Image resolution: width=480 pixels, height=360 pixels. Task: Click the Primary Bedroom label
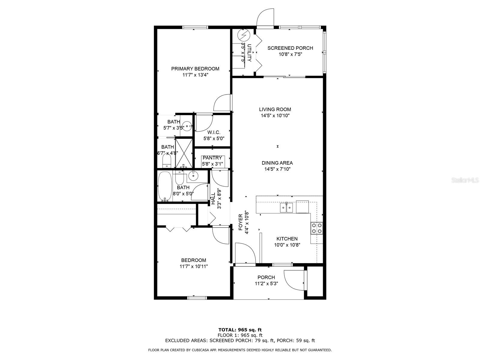(195, 69)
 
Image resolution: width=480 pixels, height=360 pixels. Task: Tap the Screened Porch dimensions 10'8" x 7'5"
(290, 54)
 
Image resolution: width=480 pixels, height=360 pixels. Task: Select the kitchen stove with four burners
(316, 228)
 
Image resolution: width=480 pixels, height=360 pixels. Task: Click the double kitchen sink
(286, 207)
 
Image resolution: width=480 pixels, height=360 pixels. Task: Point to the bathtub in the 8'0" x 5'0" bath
(165, 186)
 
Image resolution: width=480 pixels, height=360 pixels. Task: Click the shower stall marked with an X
(184, 152)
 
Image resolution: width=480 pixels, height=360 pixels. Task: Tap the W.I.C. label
(214, 132)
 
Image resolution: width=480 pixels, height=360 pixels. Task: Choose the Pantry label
(212, 158)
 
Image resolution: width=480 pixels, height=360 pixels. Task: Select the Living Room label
(275, 109)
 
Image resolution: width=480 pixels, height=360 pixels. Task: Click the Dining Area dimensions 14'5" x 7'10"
(277, 169)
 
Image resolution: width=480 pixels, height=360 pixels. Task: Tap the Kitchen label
(287, 239)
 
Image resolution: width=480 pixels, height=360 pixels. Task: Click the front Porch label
(266, 277)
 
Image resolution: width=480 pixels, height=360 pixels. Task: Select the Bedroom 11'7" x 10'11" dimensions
(193, 266)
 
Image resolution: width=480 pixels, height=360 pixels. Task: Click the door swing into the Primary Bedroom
(222, 103)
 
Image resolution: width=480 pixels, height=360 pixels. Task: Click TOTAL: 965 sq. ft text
(240, 330)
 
